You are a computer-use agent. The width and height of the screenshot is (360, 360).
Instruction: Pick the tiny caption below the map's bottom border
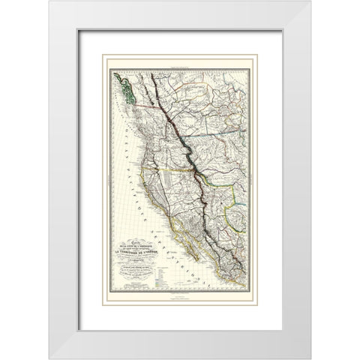[180, 298]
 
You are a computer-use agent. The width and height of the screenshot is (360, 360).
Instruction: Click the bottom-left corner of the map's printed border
[111, 295]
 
